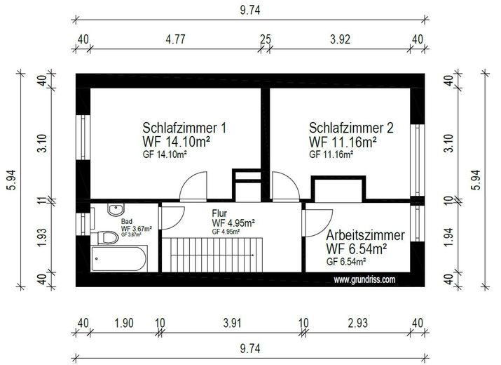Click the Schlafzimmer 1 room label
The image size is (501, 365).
[184, 128]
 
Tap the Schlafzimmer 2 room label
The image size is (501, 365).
[351, 128]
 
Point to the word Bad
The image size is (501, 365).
[127, 221]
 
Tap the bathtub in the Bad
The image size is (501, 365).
[119, 259]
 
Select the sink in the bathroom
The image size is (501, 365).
[116, 209]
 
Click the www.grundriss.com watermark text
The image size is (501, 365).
[365, 279]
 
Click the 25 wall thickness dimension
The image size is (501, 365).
[265, 39]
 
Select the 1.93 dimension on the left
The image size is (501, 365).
[42, 238]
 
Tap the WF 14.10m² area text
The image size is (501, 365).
[177, 142]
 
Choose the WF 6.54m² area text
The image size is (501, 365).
[357, 248]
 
